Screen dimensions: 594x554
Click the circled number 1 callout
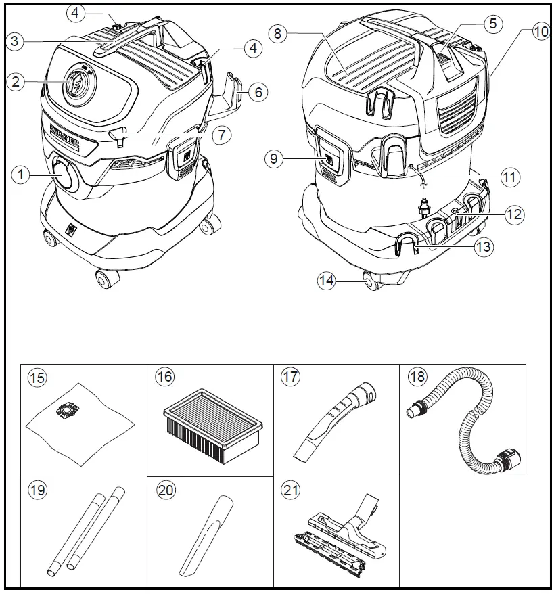pos(22,174)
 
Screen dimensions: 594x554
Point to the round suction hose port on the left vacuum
pos(65,175)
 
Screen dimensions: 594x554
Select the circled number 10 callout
pos(541,31)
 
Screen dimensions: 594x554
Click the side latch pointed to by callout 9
pos(329,159)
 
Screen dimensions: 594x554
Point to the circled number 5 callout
pos(492,23)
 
